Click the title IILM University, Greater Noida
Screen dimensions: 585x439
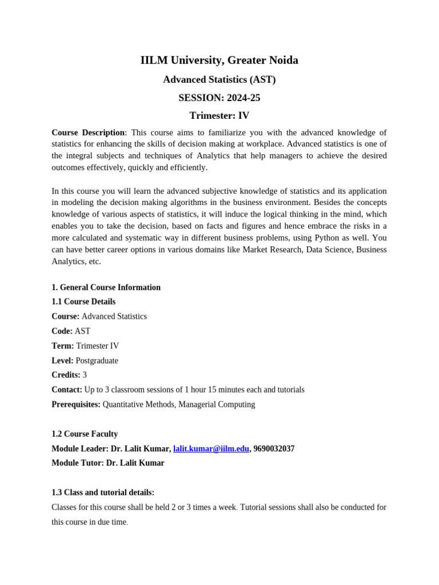pos(219,60)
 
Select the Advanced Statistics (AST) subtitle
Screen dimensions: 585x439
pos(219,79)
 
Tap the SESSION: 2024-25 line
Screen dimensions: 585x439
pos(219,98)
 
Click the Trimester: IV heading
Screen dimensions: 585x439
pos(219,115)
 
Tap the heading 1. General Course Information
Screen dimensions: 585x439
pos(106,287)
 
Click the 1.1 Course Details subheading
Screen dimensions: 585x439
pos(83,302)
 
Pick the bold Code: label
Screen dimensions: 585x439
pos(62,331)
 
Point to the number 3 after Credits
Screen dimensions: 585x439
pos(85,375)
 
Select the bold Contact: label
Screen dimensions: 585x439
pos(67,390)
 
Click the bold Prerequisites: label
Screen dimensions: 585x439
pos(76,404)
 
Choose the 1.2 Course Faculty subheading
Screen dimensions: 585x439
pos(85,434)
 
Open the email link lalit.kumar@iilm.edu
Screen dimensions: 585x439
pos(211,449)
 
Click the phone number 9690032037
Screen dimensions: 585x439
pos(274,449)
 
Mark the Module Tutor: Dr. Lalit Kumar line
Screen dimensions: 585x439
pos(107,463)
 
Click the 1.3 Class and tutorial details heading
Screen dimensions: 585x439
pos(103,492)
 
